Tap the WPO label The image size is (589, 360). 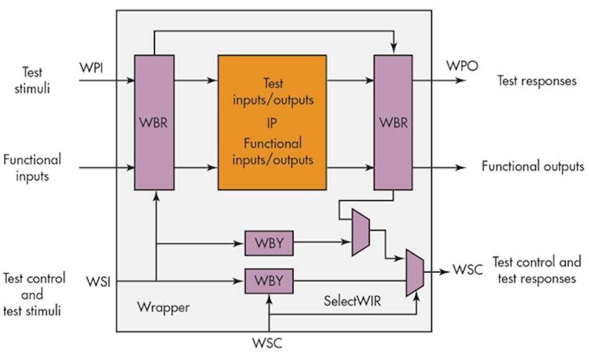[462, 66]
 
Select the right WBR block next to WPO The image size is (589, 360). [393, 122]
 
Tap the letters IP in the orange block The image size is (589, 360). [272, 121]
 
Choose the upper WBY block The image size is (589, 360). [269, 242]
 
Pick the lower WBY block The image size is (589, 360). [269, 281]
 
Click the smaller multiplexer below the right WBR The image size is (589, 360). [361, 232]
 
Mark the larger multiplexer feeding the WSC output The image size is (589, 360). [415, 271]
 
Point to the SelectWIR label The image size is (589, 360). [350, 302]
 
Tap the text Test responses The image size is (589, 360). [536, 81]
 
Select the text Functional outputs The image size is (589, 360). [533, 167]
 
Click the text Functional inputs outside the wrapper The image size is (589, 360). [32, 167]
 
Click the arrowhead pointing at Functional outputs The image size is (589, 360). [461, 167]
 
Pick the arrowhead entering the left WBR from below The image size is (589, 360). [156, 194]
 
